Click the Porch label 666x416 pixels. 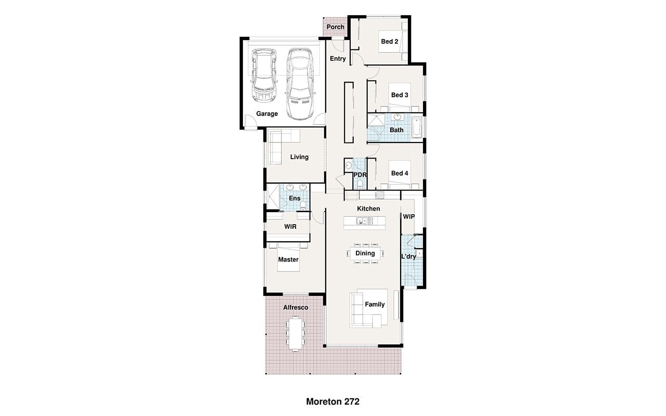pyautogui.click(x=336, y=27)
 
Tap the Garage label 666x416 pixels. pyautogui.click(x=267, y=114)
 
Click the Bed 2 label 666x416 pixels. pyautogui.click(x=390, y=42)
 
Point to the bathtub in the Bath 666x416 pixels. pyautogui.click(x=417, y=128)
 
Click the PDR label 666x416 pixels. pyautogui.click(x=360, y=175)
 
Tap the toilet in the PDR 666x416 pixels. pyautogui.click(x=360, y=184)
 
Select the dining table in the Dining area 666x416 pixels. pyautogui.click(x=365, y=253)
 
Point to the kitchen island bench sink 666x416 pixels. pyautogui.click(x=363, y=221)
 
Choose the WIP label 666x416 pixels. pyautogui.click(x=408, y=217)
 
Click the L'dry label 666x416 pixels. pyautogui.click(x=408, y=256)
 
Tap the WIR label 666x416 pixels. pyautogui.click(x=290, y=227)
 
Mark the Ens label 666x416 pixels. pyautogui.click(x=294, y=199)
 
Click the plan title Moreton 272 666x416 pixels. pyautogui.click(x=332, y=402)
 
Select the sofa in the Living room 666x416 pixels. pyautogui.click(x=284, y=147)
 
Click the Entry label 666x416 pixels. pyautogui.click(x=338, y=59)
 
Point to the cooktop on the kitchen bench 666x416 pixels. pyautogui.click(x=379, y=195)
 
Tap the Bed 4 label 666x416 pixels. pyautogui.click(x=400, y=173)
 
